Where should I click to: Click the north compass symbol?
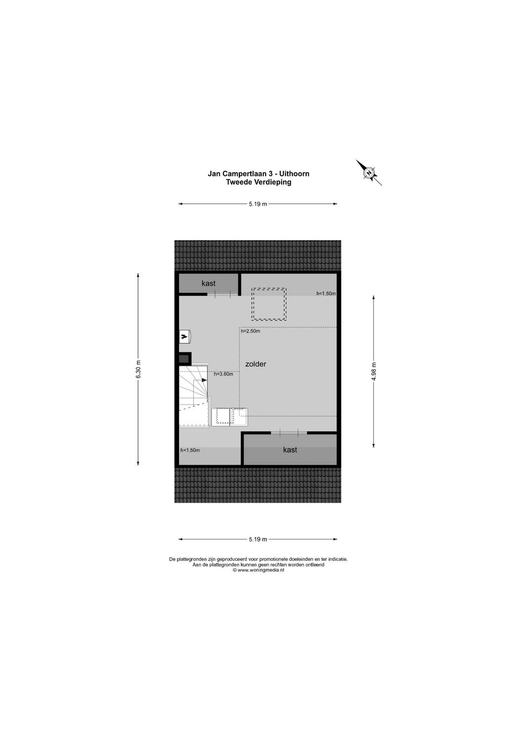tap(369, 173)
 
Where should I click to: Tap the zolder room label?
tap(256, 364)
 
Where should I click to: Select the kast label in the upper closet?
tap(208, 283)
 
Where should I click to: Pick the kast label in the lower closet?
tap(290, 450)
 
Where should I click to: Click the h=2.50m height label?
tap(250, 331)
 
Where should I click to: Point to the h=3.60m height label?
tap(224, 374)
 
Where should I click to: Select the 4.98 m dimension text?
tap(374, 372)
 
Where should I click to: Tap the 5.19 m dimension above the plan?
tap(258, 204)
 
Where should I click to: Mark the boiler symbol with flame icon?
tap(185, 336)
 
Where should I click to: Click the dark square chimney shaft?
tap(185, 359)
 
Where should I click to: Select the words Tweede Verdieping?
tap(259, 182)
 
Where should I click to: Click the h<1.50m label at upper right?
tap(326, 293)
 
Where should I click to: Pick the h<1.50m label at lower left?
tap(190, 450)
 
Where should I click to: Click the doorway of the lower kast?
tap(289, 433)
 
